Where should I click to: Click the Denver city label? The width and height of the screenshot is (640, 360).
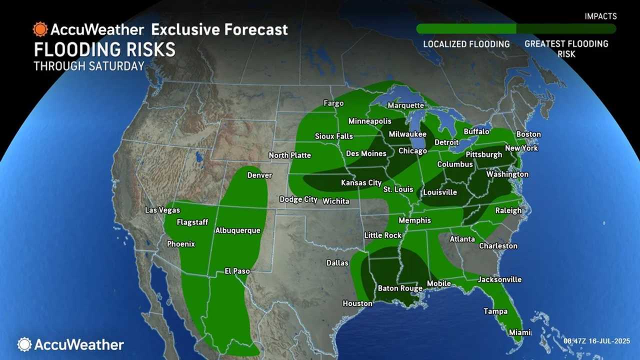point(259,175)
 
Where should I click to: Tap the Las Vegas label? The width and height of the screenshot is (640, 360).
point(162,210)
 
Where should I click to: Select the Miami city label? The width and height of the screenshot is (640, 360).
point(520,332)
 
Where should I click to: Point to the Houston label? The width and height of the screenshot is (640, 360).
point(357,303)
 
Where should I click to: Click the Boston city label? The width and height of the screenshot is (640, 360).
point(528,134)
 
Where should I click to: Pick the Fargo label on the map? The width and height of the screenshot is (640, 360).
point(333,103)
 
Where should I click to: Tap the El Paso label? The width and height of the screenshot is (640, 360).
point(237,271)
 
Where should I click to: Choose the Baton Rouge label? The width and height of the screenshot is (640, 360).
point(400,288)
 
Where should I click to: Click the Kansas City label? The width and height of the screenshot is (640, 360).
point(361,183)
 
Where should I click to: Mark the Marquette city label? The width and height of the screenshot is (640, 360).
point(405,105)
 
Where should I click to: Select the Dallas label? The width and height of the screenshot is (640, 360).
point(337,263)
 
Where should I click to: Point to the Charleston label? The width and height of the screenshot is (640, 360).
point(498,246)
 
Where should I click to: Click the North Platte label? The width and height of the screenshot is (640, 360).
point(289,155)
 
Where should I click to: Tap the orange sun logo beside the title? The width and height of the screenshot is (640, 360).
point(40,29)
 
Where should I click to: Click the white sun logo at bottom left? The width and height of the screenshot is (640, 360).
point(24,344)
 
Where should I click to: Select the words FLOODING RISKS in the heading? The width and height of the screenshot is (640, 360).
point(104,50)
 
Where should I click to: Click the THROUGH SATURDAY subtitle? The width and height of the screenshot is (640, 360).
point(89,66)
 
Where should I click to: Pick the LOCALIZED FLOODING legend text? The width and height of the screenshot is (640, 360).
point(466,44)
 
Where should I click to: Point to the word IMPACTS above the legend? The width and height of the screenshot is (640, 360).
point(600,16)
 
